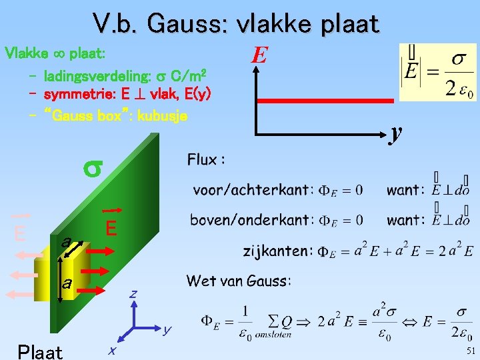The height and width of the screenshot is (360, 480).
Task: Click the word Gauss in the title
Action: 187,24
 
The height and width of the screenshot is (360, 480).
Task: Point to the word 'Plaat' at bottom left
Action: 41,351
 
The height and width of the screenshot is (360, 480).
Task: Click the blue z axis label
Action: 133,293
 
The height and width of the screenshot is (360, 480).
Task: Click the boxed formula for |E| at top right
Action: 438,71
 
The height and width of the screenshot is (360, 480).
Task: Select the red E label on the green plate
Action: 111,228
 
